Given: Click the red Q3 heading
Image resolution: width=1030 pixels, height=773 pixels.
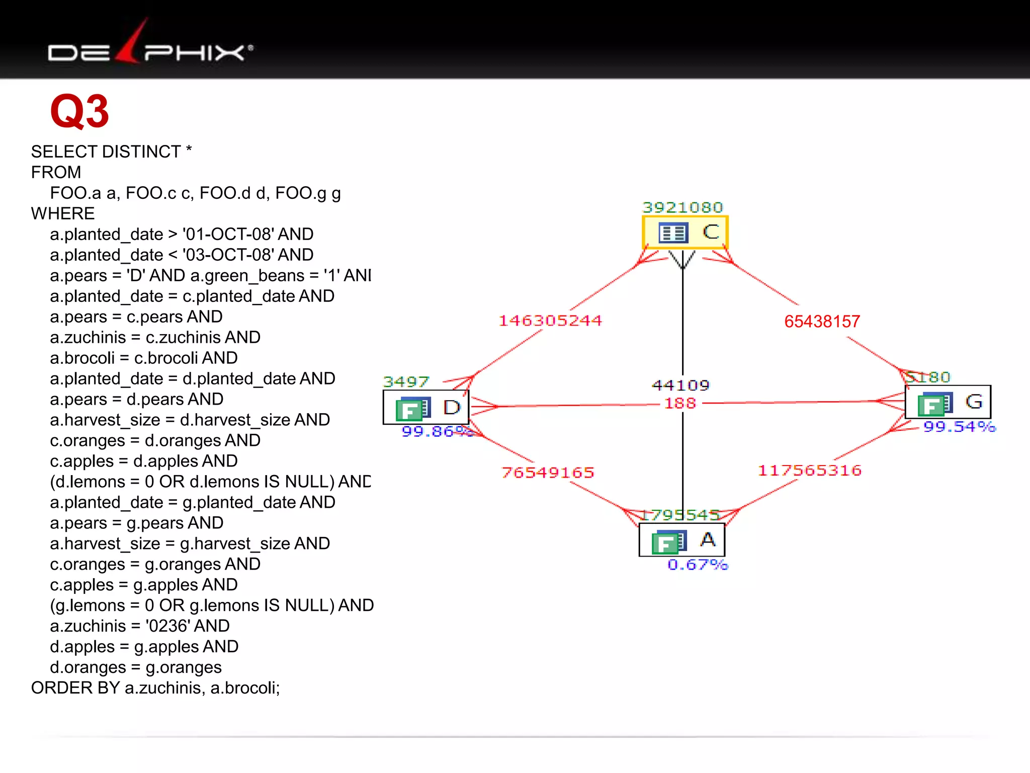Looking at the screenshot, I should point(79,112).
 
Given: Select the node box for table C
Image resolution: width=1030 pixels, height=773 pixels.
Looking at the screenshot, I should point(685,233).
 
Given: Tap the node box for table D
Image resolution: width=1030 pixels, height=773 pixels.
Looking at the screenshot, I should point(426,407).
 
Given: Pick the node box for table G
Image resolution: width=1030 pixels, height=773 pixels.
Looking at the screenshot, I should point(948,402).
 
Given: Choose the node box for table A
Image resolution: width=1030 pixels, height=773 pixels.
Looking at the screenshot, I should point(681,540).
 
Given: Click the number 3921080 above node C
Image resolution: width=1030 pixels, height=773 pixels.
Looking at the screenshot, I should point(682,207).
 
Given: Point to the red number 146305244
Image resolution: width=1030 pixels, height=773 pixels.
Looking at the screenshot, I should point(550,321).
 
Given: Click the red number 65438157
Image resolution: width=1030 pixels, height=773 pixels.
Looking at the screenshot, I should point(822,322).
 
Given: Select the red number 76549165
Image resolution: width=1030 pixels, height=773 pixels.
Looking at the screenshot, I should point(548,473).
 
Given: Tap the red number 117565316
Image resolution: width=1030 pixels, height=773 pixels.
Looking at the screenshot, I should point(809,471).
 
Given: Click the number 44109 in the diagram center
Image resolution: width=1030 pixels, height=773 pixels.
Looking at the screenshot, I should point(680,385).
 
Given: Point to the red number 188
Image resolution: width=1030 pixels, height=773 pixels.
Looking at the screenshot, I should point(680,403).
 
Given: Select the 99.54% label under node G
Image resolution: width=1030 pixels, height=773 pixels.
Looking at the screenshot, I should point(959,427).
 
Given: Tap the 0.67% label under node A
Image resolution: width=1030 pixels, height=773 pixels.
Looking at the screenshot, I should point(698,565).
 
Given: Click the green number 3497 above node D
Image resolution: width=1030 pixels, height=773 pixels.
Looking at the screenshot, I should point(406,381).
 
